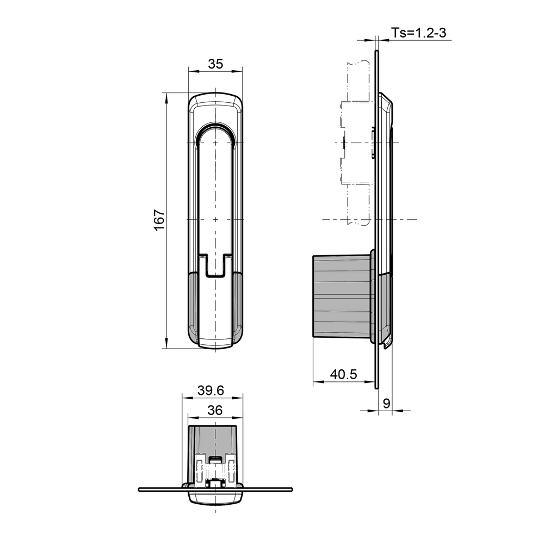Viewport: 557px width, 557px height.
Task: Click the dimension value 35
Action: tap(215, 64)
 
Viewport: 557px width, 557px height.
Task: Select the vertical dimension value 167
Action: tap(159, 220)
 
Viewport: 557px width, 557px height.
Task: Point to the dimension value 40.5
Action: tap(343, 374)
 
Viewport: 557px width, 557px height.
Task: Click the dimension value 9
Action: tap(386, 403)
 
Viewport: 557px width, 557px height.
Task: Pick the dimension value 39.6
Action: tap(211, 391)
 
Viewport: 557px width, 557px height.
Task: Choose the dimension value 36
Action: tap(215, 411)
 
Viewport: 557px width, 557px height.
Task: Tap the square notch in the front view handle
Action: tap(215, 265)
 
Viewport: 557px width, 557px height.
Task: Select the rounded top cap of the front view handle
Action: tap(215, 101)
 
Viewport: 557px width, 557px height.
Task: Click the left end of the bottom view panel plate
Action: tap(141, 489)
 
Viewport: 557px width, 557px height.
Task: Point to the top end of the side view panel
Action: tap(376, 53)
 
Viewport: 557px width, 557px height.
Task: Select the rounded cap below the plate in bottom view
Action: tap(215, 498)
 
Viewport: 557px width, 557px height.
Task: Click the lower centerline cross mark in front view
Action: tap(215, 219)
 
